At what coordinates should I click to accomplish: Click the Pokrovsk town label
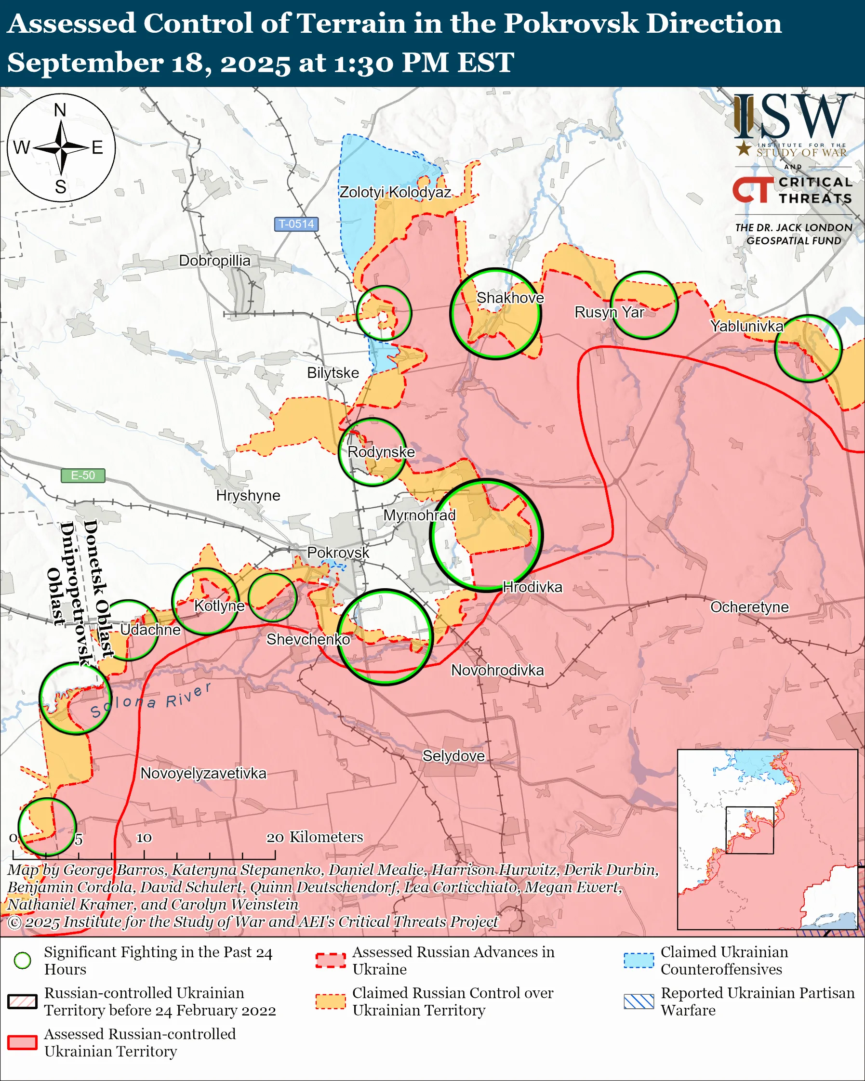337,553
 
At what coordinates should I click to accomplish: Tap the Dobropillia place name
214,261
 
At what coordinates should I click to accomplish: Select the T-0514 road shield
296,224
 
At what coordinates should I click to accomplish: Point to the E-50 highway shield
83,475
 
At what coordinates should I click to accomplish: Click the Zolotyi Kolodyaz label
395,192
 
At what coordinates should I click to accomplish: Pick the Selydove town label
453,756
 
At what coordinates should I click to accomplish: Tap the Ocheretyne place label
749,606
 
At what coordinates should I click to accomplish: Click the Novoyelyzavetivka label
203,773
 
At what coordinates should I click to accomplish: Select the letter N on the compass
60,110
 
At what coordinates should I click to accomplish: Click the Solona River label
150,701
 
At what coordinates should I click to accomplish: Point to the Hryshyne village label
248,495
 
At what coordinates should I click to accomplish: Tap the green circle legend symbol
22,960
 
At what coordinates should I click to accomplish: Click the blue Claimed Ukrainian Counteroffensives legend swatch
639,960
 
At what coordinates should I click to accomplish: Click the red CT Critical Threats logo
753,190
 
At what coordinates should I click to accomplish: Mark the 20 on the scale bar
275,837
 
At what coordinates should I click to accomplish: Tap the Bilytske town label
333,373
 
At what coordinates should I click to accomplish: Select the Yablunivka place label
746,327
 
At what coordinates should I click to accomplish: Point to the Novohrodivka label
497,670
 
